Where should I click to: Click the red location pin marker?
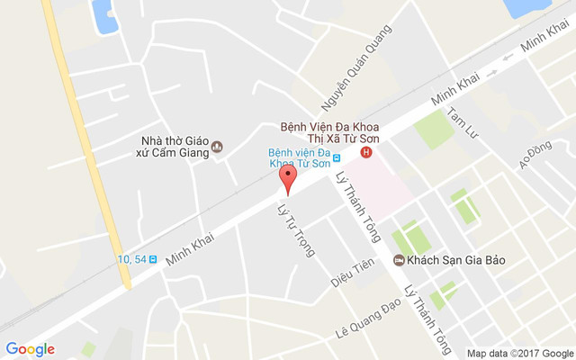[287, 177]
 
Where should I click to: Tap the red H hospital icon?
[365, 153]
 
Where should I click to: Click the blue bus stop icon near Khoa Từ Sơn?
[336, 158]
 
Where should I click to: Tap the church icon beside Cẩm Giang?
[217, 147]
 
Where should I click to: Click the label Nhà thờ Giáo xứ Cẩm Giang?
[175, 146]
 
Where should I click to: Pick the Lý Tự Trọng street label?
[294, 230]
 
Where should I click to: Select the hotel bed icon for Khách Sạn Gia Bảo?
[399, 261]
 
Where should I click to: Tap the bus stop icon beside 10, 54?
[153, 259]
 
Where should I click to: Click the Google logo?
[30, 349]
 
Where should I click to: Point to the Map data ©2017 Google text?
[519, 353]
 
